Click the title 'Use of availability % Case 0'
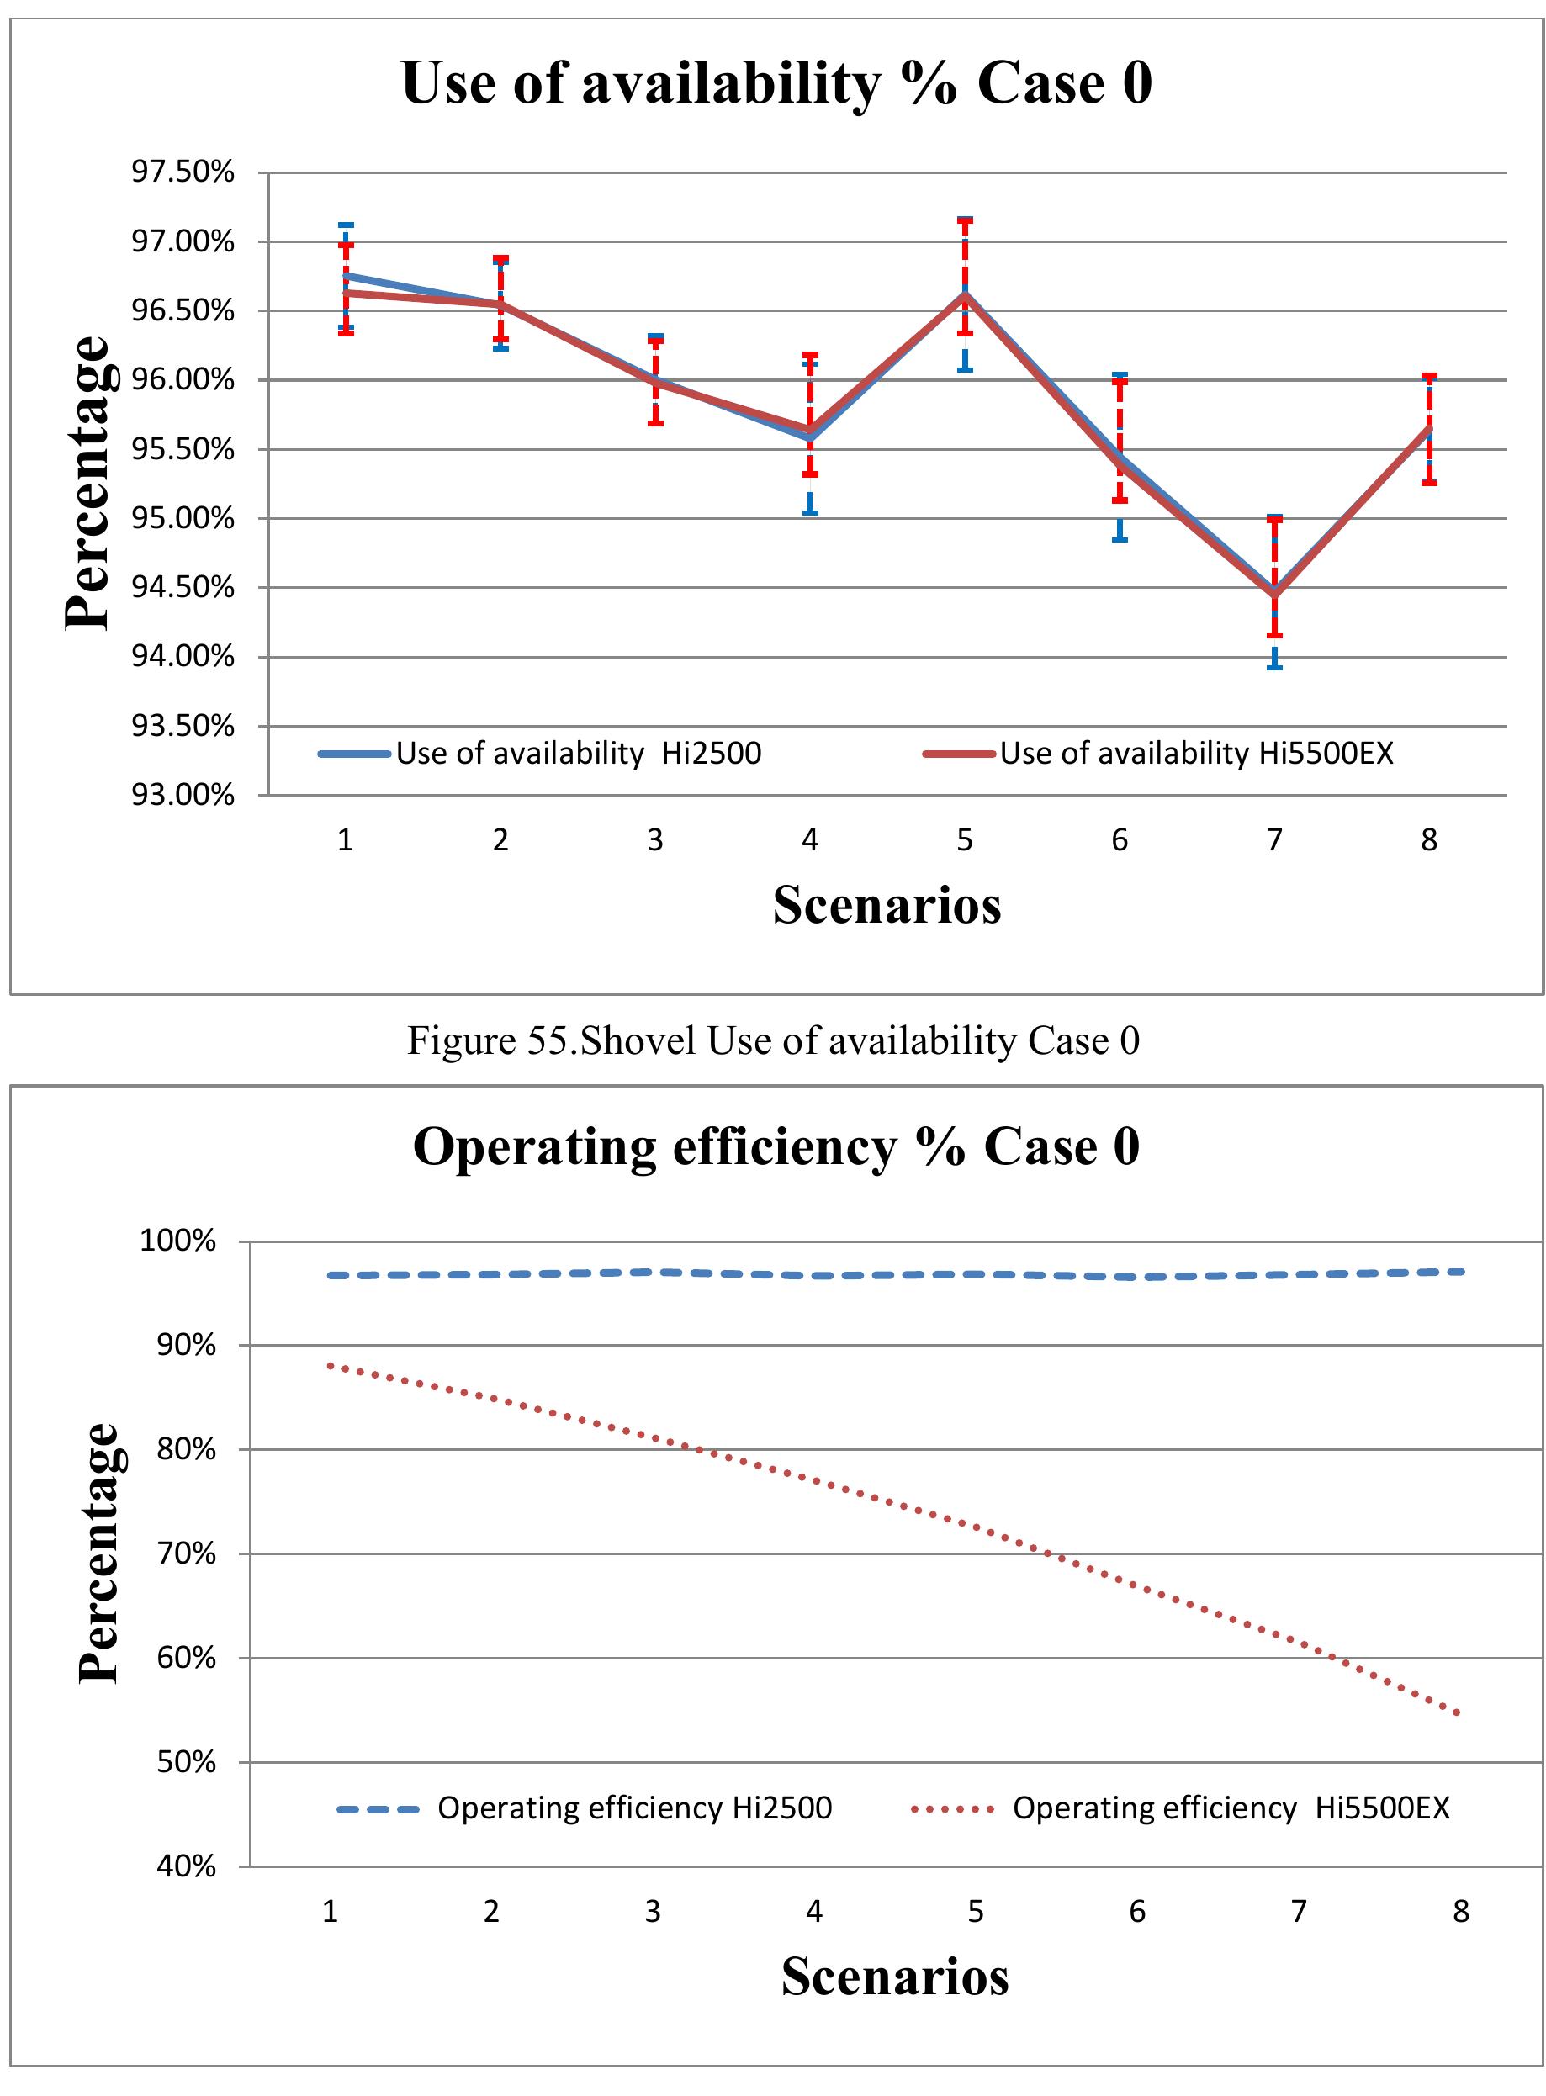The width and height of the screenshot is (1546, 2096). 776,82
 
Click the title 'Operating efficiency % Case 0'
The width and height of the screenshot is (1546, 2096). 776,1146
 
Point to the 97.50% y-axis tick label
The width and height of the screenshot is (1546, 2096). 183,172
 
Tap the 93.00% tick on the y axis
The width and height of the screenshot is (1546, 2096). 183,795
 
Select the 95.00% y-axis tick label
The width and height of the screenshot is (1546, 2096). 183,517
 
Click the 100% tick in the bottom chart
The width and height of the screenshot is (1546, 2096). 177,1241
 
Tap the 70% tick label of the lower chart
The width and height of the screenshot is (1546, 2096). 185,1554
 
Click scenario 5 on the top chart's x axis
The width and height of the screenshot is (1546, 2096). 965,839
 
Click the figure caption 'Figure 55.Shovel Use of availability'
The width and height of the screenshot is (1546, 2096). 773,1040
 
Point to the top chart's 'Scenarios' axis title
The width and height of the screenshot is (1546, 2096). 887,905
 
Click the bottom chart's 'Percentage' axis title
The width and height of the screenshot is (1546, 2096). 99,1553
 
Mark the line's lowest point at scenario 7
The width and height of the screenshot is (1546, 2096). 1274,593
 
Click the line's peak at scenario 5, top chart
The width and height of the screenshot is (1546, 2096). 965,294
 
